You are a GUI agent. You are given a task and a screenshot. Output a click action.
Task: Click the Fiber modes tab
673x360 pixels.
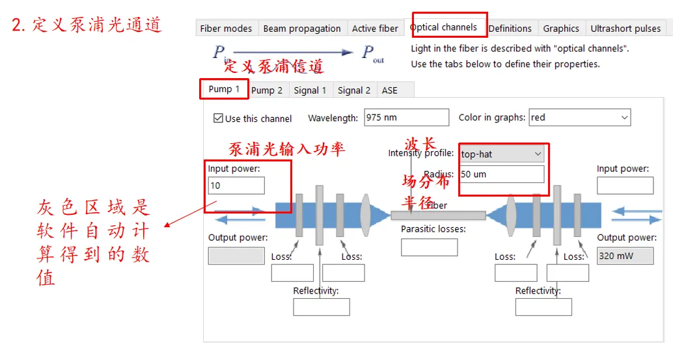pyautogui.click(x=226, y=29)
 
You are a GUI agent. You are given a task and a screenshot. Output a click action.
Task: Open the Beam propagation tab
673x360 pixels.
pyautogui.click(x=302, y=29)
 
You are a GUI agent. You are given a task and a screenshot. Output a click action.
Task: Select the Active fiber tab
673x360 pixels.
pyautogui.click(x=375, y=29)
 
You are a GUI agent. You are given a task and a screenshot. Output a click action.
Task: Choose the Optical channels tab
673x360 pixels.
pyautogui.click(x=443, y=27)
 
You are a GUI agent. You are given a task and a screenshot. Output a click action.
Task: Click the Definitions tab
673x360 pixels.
pyautogui.click(x=510, y=29)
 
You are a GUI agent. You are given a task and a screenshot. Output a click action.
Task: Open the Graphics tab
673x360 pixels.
pyautogui.click(x=561, y=29)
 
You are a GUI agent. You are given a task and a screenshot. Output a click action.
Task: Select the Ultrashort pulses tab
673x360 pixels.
pyautogui.click(x=625, y=29)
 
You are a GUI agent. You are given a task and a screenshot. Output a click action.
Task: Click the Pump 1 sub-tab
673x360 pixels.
pyautogui.click(x=224, y=89)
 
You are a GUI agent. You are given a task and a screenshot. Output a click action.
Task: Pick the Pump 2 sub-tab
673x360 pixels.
pyautogui.click(x=267, y=90)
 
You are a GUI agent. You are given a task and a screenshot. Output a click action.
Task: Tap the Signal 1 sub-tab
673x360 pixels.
pyautogui.click(x=310, y=90)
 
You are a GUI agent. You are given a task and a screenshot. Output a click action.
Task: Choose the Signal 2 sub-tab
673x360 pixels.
pyautogui.click(x=354, y=90)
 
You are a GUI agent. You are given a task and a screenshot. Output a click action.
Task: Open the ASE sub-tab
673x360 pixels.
pyautogui.click(x=389, y=90)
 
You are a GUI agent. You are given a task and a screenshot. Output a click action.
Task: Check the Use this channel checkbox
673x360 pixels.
pyautogui.click(x=218, y=118)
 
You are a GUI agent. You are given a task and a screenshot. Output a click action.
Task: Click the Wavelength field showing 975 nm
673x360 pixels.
pyautogui.click(x=406, y=118)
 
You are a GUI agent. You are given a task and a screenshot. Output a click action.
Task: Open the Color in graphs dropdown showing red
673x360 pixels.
pyautogui.click(x=579, y=118)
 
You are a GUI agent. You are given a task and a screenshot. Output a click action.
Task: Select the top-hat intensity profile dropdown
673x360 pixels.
pyautogui.click(x=501, y=154)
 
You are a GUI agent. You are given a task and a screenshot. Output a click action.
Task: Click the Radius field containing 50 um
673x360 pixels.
pyautogui.click(x=501, y=174)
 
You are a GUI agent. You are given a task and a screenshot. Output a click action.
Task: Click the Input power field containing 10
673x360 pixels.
pyautogui.click(x=236, y=186)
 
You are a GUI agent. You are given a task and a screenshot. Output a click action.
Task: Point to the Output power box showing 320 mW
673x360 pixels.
pyautogui.click(x=625, y=256)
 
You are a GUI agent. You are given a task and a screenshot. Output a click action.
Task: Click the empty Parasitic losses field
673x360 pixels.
pyautogui.click(x=429, y=247)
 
